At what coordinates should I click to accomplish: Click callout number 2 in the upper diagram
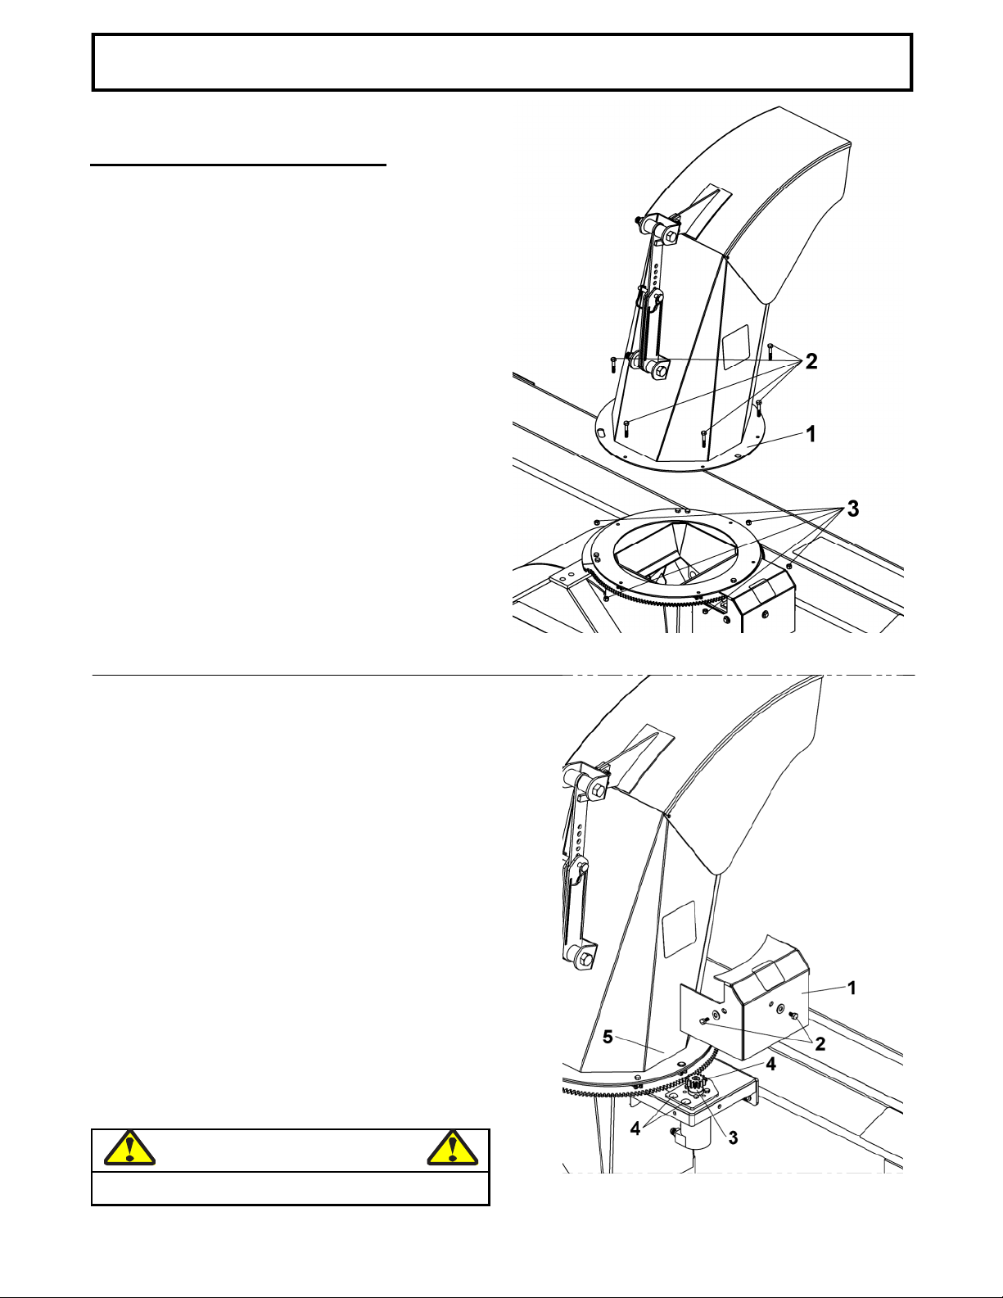811,361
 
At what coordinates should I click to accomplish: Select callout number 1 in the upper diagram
811,434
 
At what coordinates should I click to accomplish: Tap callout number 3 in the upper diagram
853,509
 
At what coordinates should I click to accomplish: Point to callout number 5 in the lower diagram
608,1037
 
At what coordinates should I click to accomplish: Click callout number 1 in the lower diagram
852,988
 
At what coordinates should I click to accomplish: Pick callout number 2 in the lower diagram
820,1043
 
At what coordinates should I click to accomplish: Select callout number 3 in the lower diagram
733,1138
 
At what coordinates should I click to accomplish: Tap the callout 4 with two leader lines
635,1128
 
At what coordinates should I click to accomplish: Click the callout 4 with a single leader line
770,1064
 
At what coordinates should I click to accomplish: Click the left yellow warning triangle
129,1149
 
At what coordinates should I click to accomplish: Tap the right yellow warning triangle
453,1149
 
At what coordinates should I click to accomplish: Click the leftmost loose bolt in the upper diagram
613,364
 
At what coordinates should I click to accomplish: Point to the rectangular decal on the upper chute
735,347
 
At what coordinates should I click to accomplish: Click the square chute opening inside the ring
675,551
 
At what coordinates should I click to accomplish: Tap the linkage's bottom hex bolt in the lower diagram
585,960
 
